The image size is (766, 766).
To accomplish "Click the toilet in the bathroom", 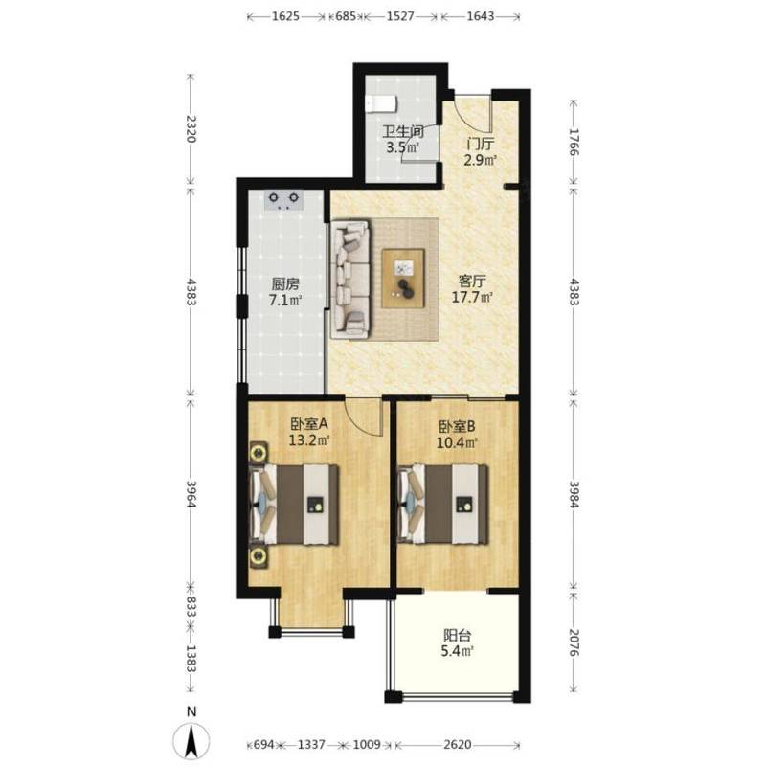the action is click(382, 103).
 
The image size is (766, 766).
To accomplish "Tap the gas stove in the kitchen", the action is click(283, 200).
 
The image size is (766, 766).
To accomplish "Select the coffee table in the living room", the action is click(403, 279).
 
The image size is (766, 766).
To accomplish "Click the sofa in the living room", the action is click(349, 280).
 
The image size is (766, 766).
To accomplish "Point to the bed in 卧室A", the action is click(294, 505).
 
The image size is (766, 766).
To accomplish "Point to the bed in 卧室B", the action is click(443, 505).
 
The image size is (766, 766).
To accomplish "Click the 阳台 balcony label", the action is click(458, 636).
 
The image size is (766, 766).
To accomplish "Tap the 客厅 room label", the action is click(472, 282).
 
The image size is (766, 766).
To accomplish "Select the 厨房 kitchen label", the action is click(285, 283).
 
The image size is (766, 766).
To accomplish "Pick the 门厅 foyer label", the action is click(481, 145).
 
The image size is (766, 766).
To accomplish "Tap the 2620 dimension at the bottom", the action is click(458, 745).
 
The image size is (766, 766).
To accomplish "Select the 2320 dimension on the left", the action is click(191, 129).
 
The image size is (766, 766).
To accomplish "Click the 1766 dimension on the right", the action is click(574, 142).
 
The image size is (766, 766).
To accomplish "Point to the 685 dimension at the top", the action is click(346, 16).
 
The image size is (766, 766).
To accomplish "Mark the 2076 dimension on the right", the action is click(574, 642).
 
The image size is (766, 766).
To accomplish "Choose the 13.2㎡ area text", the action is click(309, 440).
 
